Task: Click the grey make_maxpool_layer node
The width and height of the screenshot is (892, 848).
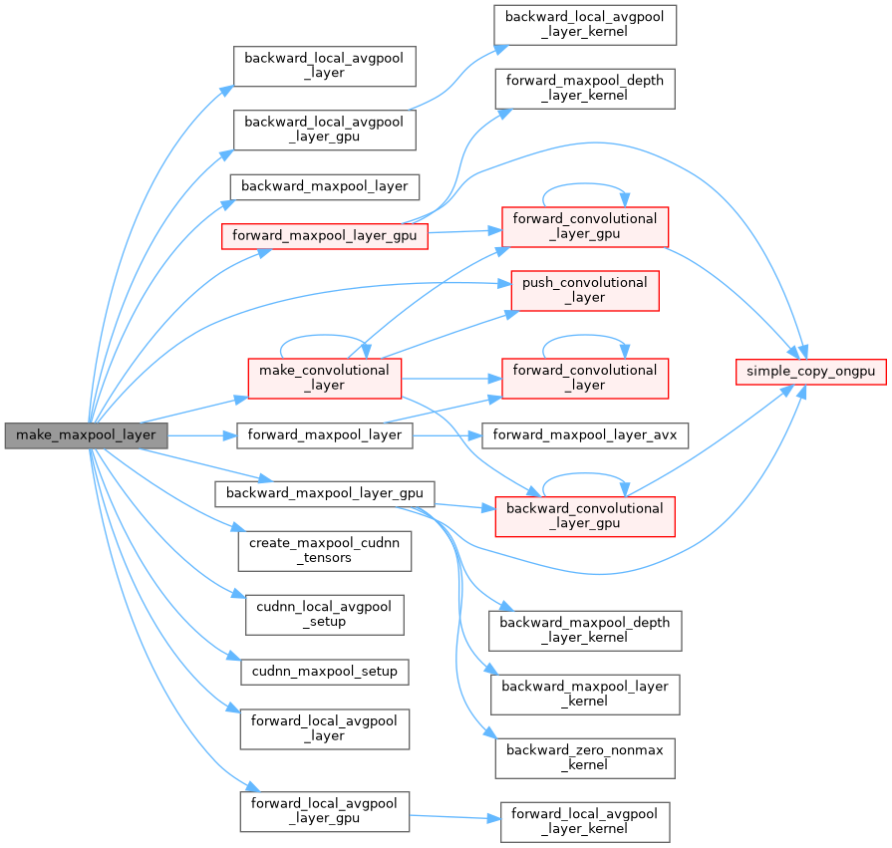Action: [86, 435]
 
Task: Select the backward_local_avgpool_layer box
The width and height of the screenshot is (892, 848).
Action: [324, 65]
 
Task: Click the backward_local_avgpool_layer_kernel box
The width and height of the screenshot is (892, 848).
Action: [585, 24]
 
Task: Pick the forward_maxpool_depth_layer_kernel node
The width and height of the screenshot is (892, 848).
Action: [584, 88]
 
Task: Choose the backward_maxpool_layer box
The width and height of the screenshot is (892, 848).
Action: [324, 185]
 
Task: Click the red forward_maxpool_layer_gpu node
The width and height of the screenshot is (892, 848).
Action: [324, 236]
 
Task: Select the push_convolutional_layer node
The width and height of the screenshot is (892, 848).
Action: [584, 289]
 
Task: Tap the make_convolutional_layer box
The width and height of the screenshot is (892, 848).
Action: [324, 378]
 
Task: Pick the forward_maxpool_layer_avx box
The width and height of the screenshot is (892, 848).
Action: [585, 434]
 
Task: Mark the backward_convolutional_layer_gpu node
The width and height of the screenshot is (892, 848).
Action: [584, 515]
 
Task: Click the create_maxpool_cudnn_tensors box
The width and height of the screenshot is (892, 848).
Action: [324, 550]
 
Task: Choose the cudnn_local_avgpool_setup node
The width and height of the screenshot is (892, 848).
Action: [324, 614]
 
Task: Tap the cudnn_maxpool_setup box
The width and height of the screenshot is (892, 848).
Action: [324, 671]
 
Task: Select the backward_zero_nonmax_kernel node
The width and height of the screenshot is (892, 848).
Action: [585, 757]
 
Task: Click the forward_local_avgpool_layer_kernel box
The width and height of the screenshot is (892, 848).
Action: [585, 820]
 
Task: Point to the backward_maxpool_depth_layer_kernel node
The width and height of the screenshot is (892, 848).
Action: [585, 630]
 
